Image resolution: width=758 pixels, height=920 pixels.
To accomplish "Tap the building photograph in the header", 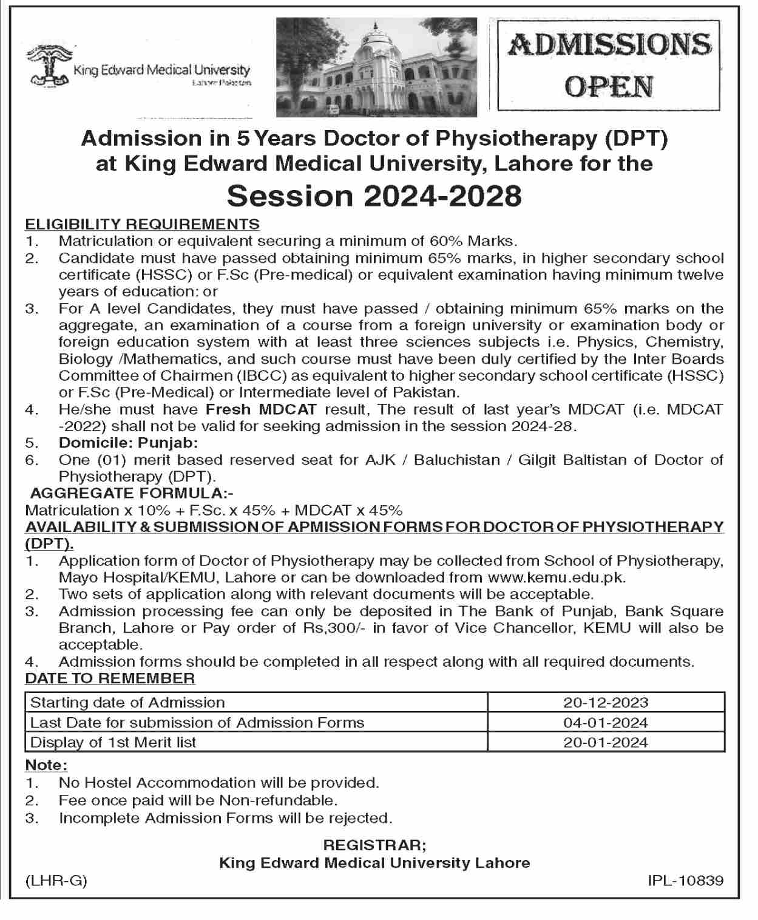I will (376, 67).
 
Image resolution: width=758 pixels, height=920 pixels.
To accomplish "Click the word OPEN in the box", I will (609, 87).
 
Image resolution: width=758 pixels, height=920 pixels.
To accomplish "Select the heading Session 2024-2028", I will (374, 196).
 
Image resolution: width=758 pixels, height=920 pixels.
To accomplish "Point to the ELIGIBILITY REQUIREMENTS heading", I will (142, 223).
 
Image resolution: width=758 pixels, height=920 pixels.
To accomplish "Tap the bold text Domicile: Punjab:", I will (128, 443).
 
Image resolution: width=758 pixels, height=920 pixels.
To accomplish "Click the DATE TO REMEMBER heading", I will (110, 678).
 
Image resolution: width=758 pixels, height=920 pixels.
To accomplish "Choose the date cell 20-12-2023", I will (606, 703).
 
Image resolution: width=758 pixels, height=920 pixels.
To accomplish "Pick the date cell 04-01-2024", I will (606, 723).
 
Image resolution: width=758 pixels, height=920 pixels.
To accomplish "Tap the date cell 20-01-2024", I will (606, 742).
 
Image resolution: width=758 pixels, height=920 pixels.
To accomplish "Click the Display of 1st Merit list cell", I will (113, 742).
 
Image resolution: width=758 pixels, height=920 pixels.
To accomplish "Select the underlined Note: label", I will (46, 765).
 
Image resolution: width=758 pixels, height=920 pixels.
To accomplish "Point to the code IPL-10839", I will (685, 880).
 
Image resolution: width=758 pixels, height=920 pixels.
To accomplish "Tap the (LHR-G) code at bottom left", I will (56, 880).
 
